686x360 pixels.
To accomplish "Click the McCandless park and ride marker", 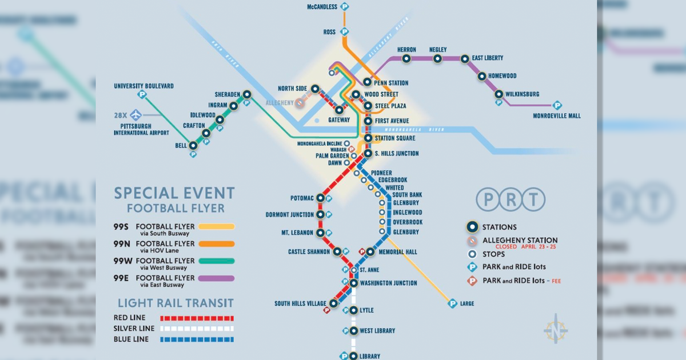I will coord(345,7).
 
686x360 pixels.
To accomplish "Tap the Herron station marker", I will coord(406,58).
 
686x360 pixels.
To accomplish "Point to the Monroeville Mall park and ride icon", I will coord(557,106).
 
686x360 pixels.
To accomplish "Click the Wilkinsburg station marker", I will coord(499,94).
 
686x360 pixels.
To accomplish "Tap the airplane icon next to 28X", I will coord(135,115).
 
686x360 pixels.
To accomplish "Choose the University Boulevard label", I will coord(143,86).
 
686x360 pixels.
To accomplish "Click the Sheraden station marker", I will coord(246,94).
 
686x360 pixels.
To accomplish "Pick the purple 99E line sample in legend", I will coord(214,278).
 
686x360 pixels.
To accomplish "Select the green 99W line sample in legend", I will coord(214,261).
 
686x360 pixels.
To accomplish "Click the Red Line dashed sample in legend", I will coord(197,318).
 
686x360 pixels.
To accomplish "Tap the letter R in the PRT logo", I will coord(510,200).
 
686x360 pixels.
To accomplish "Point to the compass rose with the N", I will coord(556,331).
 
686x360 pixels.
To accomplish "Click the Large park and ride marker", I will coord(452,303).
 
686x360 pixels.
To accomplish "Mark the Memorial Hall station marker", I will coord(370,251).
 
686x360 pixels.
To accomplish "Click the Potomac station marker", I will coord(321,198).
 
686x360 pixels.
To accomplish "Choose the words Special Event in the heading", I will coord(174,193).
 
